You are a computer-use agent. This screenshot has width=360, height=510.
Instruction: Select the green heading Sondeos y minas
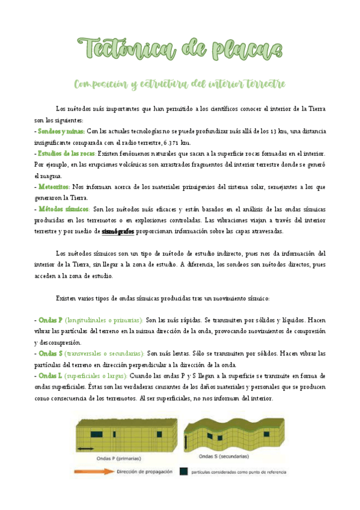pyautogui.click(x=59, y=131)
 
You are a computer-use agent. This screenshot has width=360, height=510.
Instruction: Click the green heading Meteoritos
pyautogui.click(x=53, y=186)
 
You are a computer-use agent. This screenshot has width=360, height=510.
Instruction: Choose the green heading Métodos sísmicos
pyautogui.click(x=63, y=209)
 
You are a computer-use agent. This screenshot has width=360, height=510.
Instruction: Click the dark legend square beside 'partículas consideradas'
pyautogui.click(x=183, y=472)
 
